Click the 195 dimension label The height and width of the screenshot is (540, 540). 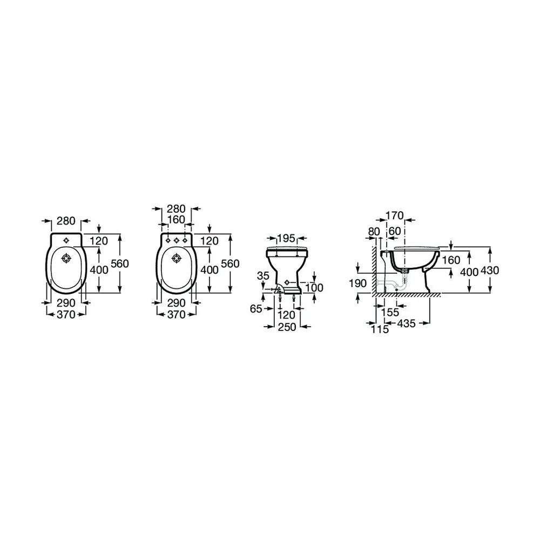coord(286,238)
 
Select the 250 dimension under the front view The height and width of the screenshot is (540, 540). coord(287,327)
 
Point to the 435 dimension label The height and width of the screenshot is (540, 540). coord(407,323)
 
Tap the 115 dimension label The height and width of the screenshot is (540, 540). coord(380,329)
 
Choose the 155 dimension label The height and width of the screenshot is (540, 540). coord(390,312)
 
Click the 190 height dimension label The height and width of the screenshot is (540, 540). coord(358,283)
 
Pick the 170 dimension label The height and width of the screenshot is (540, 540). coord(395,215)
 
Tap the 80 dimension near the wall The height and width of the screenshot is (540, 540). coord(374,232)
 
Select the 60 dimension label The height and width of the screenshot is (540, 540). coord(395,231)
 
